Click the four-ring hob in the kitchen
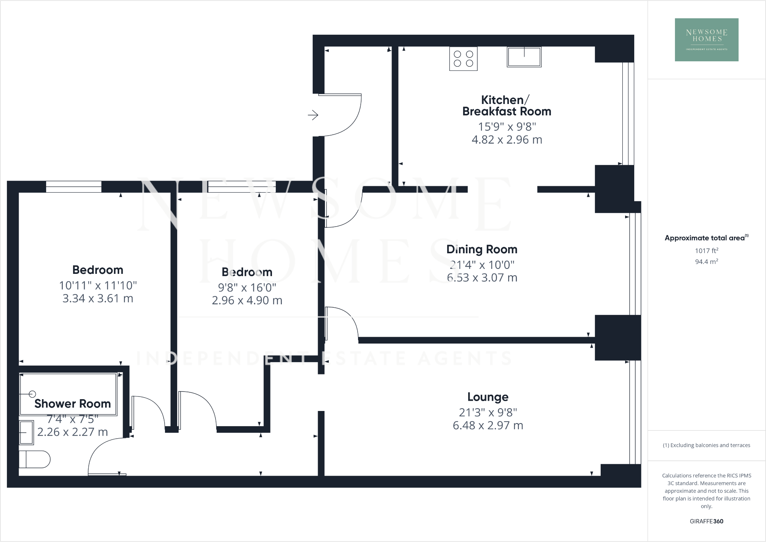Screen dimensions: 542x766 click(x=463, y=59)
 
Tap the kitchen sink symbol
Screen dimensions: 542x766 click(x=524, y=57)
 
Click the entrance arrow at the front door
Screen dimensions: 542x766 click(x=313, y=115)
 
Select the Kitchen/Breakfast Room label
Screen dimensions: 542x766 click(x=507, y=106)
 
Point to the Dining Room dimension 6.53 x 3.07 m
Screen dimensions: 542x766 click(x=482, y=278)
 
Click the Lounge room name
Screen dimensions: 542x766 click(x=488, y=397)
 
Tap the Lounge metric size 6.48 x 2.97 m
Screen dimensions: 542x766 click(x=488, y=425)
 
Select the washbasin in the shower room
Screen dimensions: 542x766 click(x=27, y=432)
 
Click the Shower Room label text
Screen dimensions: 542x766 click(x=72, y=404)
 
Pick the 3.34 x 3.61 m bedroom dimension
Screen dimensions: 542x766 click(x=98, y=298)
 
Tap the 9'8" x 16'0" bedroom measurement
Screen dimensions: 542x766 click(x=247, y=288)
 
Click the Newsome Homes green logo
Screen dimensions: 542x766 click(x=706, y=40)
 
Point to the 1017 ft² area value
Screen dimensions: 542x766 click(x=706, y=251)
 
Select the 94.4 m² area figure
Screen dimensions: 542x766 click(x=706, y=262)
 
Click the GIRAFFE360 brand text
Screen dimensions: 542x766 click(x=706, y=521)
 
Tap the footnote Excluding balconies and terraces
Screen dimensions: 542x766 click(x=706, y=445)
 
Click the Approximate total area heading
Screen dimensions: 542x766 click(x=706, y=238)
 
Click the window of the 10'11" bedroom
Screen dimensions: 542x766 click(x=74, y=187)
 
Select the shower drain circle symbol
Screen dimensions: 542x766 click(x=32, y=394)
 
